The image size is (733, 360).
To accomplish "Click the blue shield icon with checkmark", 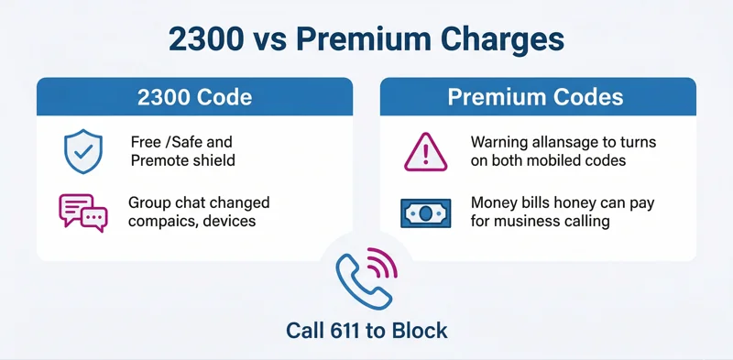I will point(78,152).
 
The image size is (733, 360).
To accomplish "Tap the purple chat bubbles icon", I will point(82,211).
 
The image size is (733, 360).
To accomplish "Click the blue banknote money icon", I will point(426,213).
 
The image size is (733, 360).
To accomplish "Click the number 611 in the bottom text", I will point(354,331).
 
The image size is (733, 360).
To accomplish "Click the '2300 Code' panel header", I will point(194,97).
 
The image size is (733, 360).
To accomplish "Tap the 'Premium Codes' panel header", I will point(537,97).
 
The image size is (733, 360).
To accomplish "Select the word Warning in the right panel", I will point(499,143).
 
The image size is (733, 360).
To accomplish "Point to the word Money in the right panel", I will point(494,202).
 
